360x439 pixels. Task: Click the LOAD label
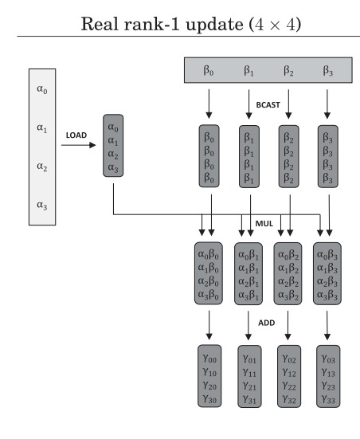[x=76, y=136]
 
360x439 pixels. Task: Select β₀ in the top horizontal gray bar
[x=210, y=70]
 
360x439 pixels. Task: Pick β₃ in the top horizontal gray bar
[x=327, y=70]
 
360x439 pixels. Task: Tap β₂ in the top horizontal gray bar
[x=288, y=70]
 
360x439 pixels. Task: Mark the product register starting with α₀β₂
[x=289, y=276]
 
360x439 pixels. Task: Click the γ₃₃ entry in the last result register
[x=327, y=398]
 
